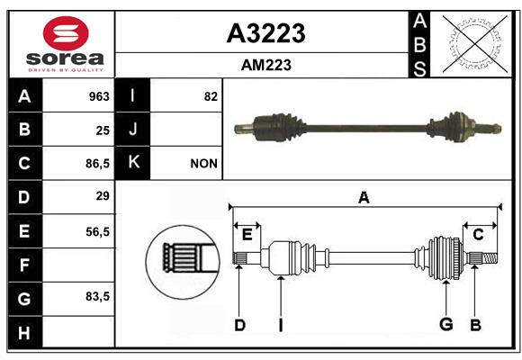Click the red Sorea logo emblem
click(x=66, y=33)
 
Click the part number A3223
click(x=265, y=33)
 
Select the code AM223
click(x=266, y=65)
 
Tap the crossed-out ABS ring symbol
click(x=475, y=43)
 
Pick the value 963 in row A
click(x=99, y=96)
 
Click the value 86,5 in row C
click(x=97, y=164)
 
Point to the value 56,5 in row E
click(x=97, y=231)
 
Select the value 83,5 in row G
click(x=97, y=296)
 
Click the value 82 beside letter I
click(x=211, y=96)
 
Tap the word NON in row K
click(x=203, y=164)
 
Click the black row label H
click(x=25, y=332)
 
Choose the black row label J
click(x=132, y=129)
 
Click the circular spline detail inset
click(x=183, y=262)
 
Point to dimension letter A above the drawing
click(x=364, y=198)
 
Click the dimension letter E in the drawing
click(x=247, y=235)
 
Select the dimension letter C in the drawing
click(x=478, y=235)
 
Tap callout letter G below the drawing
click(x=446, y=324)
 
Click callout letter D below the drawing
click(x=239, y=325)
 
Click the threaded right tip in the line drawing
click(x=490, y=258)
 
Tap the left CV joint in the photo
click(x=279, y=128)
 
